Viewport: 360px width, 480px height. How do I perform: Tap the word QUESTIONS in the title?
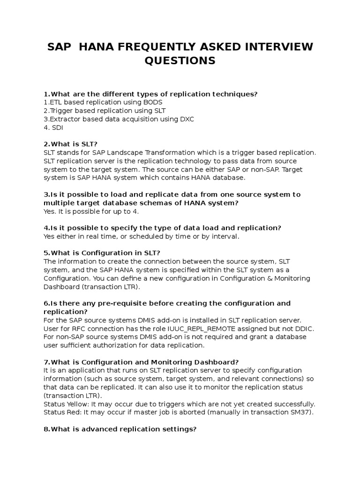click(180, 61)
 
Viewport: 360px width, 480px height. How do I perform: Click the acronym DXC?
click(186, 119)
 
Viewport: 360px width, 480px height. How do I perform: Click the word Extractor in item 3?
click(67, 119)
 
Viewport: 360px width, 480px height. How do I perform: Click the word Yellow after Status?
click(79, 404)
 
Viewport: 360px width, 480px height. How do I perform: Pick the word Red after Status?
click(75, 412)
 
